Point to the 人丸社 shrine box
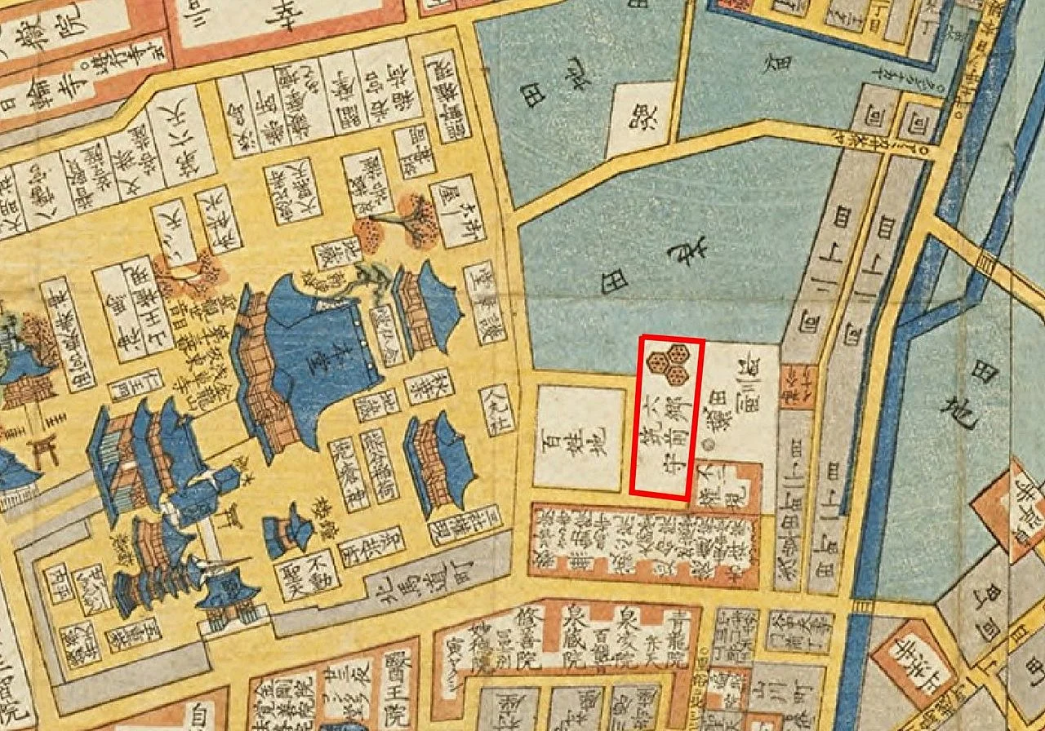click(x=496, y=409)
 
